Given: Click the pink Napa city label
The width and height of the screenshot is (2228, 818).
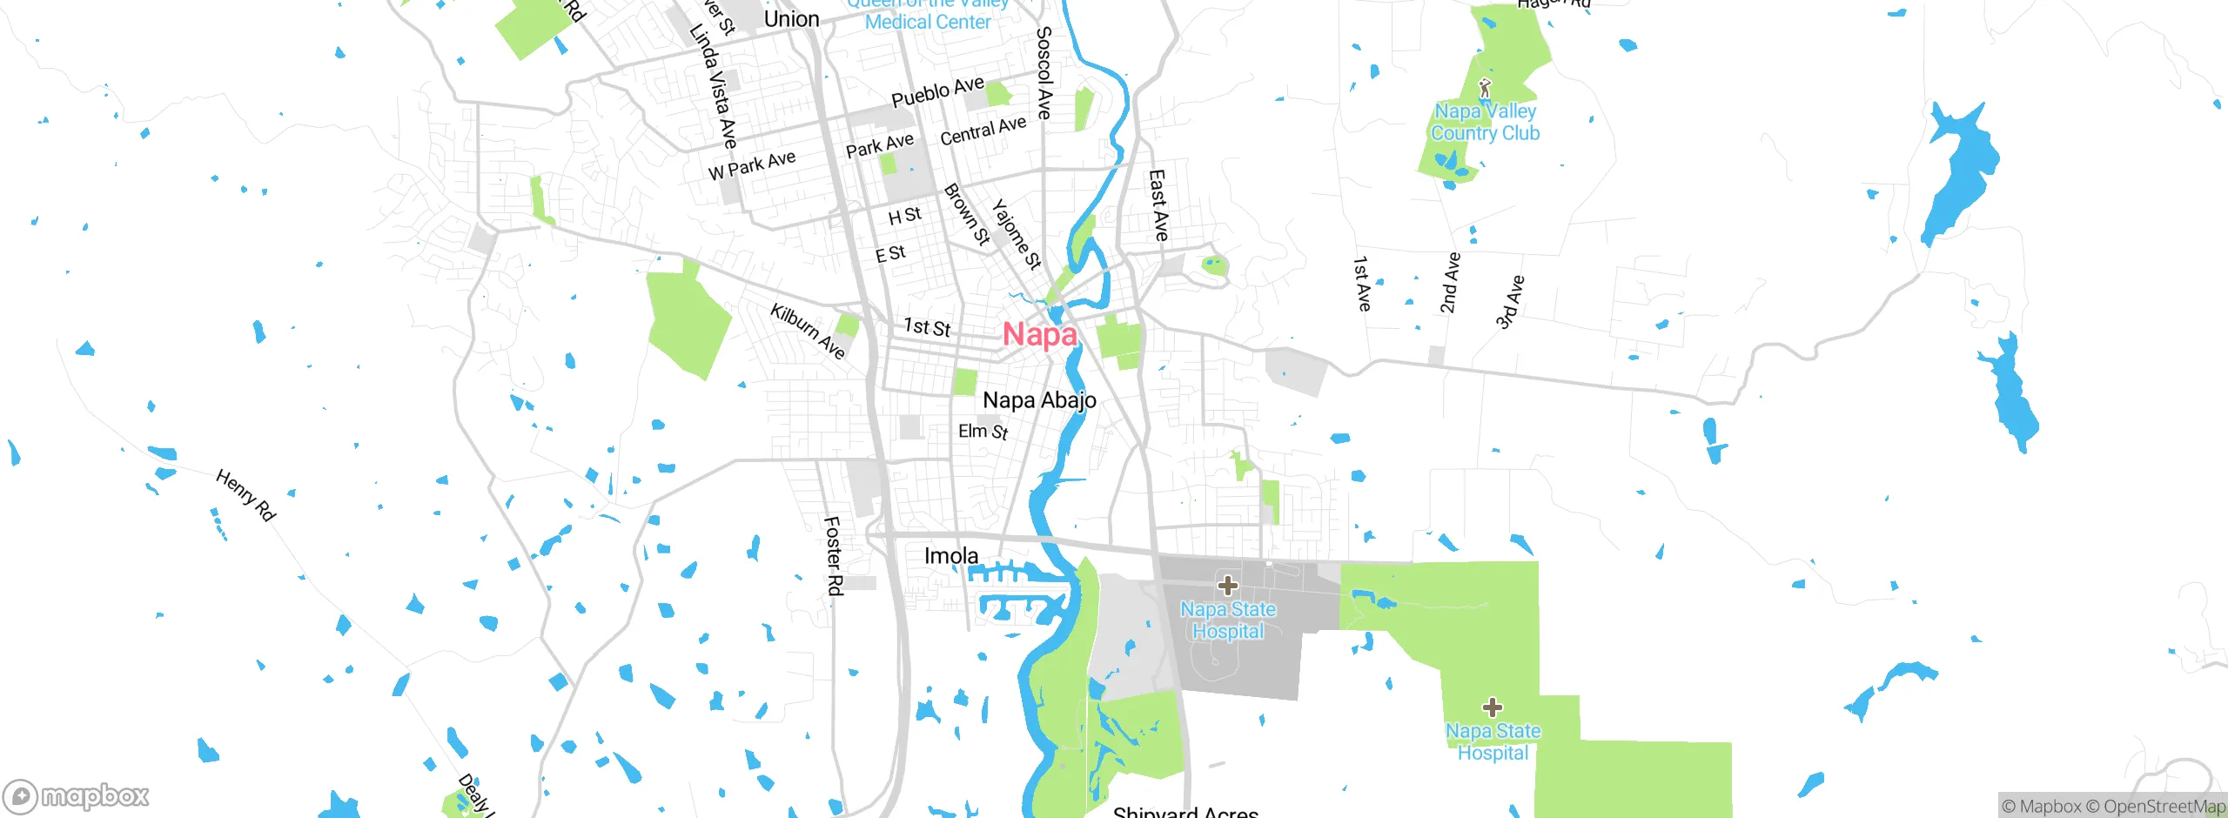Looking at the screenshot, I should point(1040,334).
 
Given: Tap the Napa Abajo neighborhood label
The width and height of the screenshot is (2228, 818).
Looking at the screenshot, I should point(1039,400).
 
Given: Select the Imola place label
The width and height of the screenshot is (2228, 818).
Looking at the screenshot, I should point(950,556).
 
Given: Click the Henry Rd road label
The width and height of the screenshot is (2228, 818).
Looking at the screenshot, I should point(245,495).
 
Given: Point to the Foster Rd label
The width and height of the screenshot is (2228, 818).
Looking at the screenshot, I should point(833,556).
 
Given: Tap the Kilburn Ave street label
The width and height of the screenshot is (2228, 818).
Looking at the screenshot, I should point(808,331).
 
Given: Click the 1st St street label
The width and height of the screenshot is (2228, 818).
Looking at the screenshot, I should point(927,327).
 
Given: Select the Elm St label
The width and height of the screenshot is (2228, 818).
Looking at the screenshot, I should point(983,432).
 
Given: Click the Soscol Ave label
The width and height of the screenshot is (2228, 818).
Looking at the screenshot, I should point(1044,72).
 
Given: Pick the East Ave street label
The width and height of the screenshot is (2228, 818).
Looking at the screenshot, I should point(1158,205).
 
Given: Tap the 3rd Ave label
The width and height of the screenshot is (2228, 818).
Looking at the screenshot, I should point(1510,303).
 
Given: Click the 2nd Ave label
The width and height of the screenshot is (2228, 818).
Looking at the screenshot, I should point(1449,283).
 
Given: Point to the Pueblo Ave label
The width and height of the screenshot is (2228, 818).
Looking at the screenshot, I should point(937,91).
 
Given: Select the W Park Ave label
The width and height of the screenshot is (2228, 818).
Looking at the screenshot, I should point(752,165).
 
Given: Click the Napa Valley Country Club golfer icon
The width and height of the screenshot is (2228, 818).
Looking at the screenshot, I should point(1485,88).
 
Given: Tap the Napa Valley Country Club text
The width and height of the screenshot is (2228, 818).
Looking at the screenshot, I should point(1485,123).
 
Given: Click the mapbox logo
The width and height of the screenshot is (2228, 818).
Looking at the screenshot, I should point(77,795).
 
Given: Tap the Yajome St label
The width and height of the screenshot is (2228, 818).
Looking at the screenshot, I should point(1017,234).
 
